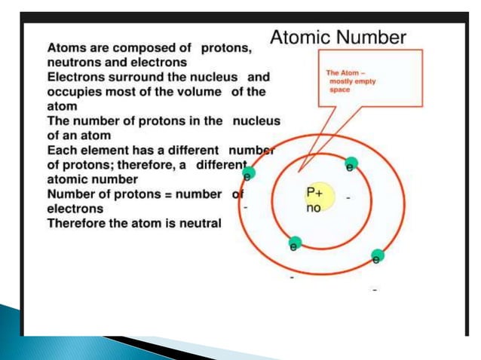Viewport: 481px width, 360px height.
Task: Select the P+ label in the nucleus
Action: click(314, 193)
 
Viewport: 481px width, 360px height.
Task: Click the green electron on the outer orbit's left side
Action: click(249, 172)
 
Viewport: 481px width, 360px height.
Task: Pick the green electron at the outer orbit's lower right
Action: click(378, 255)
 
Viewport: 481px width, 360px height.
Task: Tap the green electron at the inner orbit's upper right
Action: click(351, 163)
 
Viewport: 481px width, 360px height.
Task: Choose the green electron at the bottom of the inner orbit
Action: click(295, 243)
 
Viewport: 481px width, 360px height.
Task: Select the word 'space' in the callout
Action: click(339, 88)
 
